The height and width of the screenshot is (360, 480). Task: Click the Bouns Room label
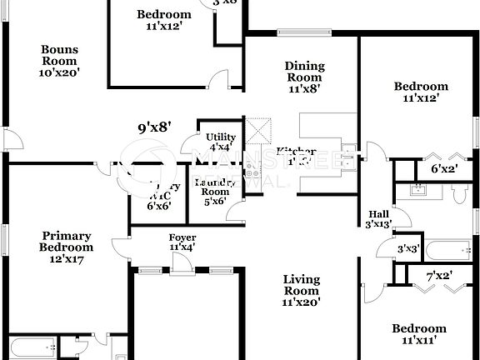pos(60,61)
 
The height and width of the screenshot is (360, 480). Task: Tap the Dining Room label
pos(304,76)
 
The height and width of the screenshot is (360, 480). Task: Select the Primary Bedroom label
pos(66,247)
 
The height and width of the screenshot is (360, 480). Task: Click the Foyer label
pos(182,242)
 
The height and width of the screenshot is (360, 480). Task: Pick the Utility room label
pos(220,142)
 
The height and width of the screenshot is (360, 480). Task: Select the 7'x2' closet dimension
pos(439,276)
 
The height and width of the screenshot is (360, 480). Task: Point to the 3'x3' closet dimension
pos(407,248)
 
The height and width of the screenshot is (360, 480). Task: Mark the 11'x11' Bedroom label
pos(419,333)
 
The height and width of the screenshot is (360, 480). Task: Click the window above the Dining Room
pos(302,34)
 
